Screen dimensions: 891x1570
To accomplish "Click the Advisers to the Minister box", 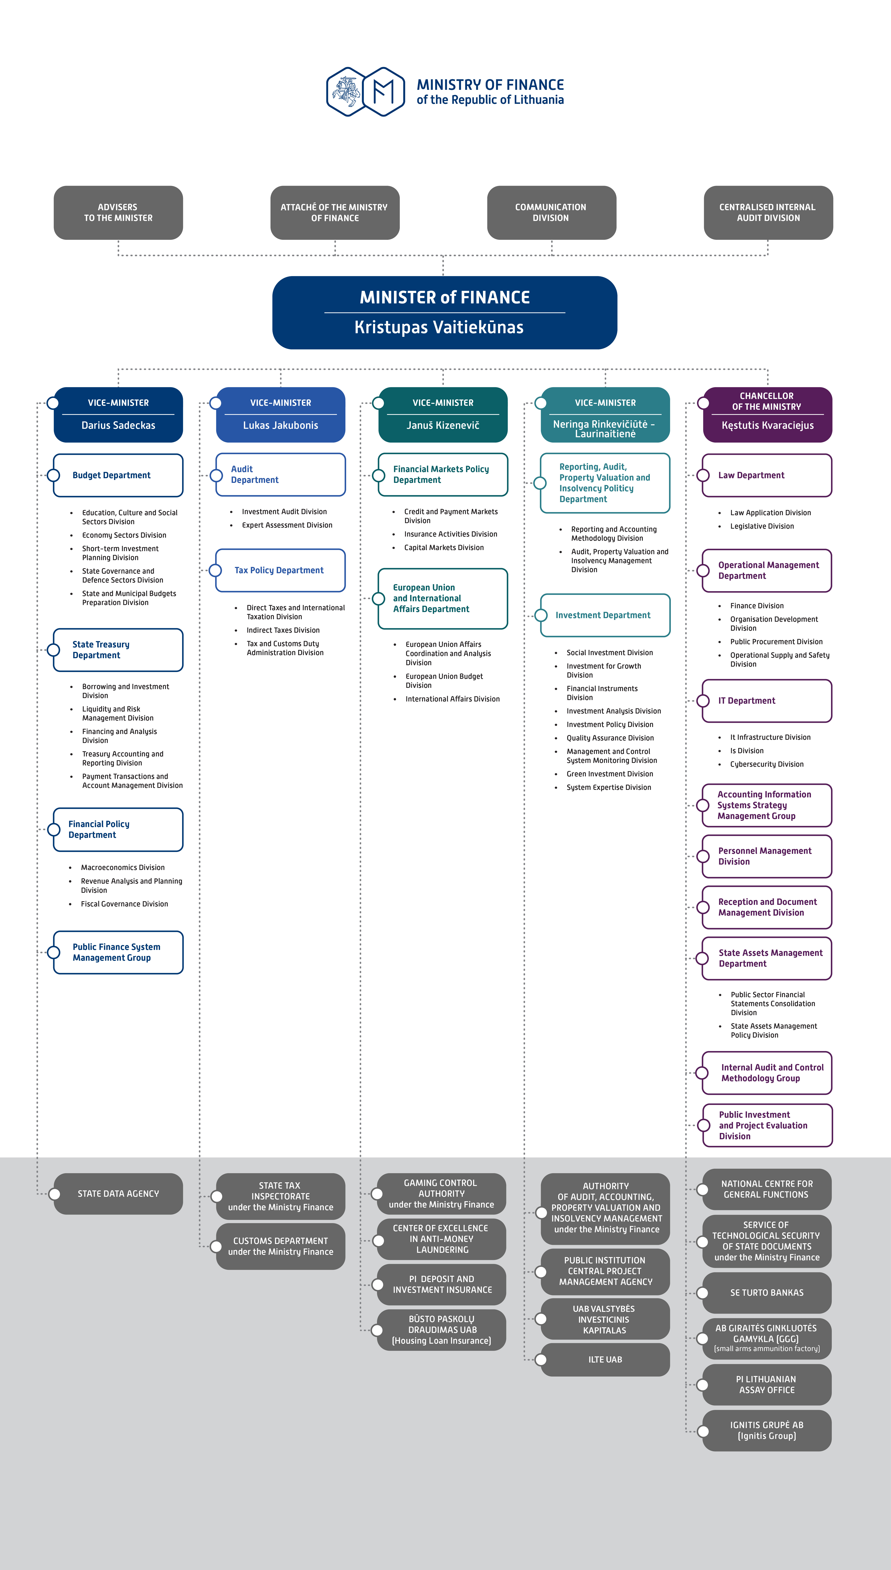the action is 118,212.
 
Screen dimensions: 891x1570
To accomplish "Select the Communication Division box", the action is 551,212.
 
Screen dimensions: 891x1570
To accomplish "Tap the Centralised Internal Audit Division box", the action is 768,212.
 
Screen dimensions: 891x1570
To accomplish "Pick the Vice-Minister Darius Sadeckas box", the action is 118,414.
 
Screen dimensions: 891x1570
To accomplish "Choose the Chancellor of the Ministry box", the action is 767,414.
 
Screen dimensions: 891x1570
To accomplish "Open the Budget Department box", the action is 118,475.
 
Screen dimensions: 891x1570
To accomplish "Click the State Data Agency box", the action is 118,1193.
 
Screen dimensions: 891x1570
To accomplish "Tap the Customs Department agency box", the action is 280,1246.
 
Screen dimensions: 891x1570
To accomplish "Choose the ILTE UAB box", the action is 605,1359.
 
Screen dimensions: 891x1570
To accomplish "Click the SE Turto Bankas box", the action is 767,1293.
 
